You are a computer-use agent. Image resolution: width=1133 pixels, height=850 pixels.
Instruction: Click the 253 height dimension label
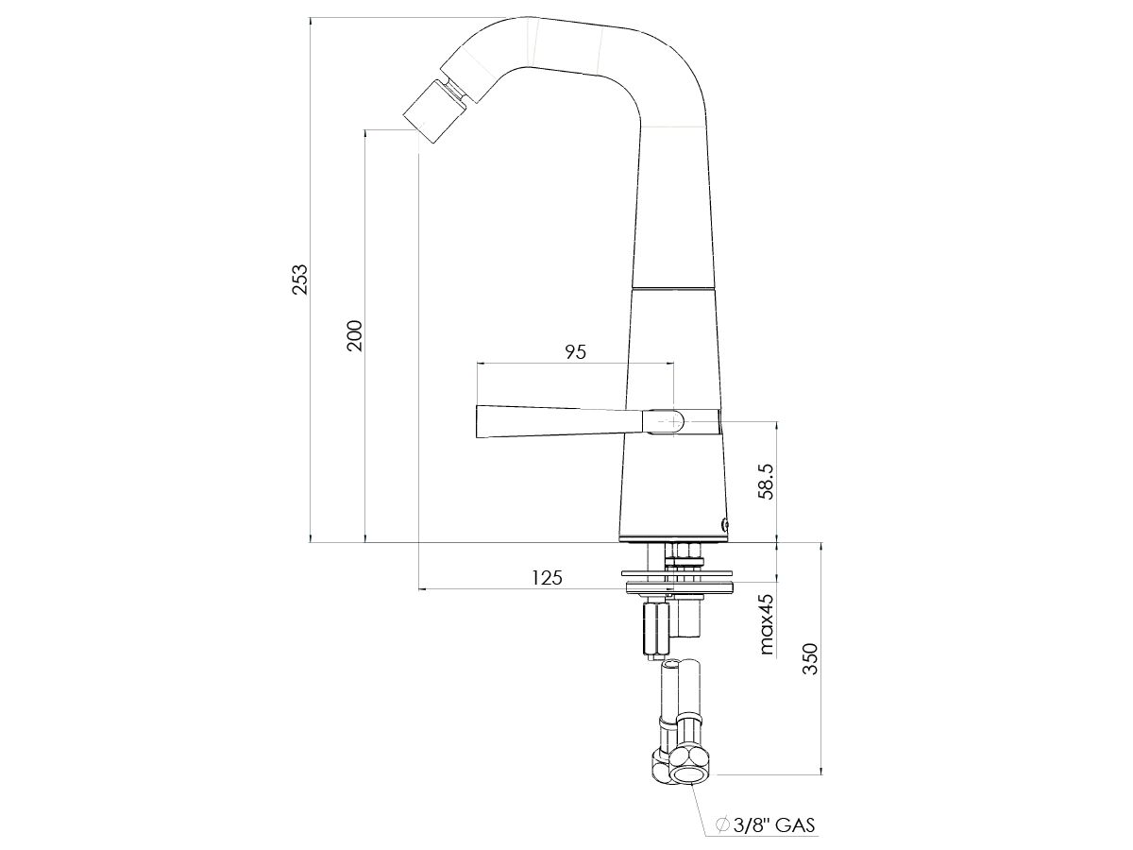pos(299,280)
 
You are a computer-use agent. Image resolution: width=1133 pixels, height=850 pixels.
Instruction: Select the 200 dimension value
pos(354,335)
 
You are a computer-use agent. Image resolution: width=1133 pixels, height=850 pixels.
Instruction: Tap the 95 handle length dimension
pos(575,352)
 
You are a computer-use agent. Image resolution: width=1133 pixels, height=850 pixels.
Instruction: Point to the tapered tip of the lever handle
pos(483,421)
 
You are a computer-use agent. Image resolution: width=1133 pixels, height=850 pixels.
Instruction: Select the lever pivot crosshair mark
pos(674,421)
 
